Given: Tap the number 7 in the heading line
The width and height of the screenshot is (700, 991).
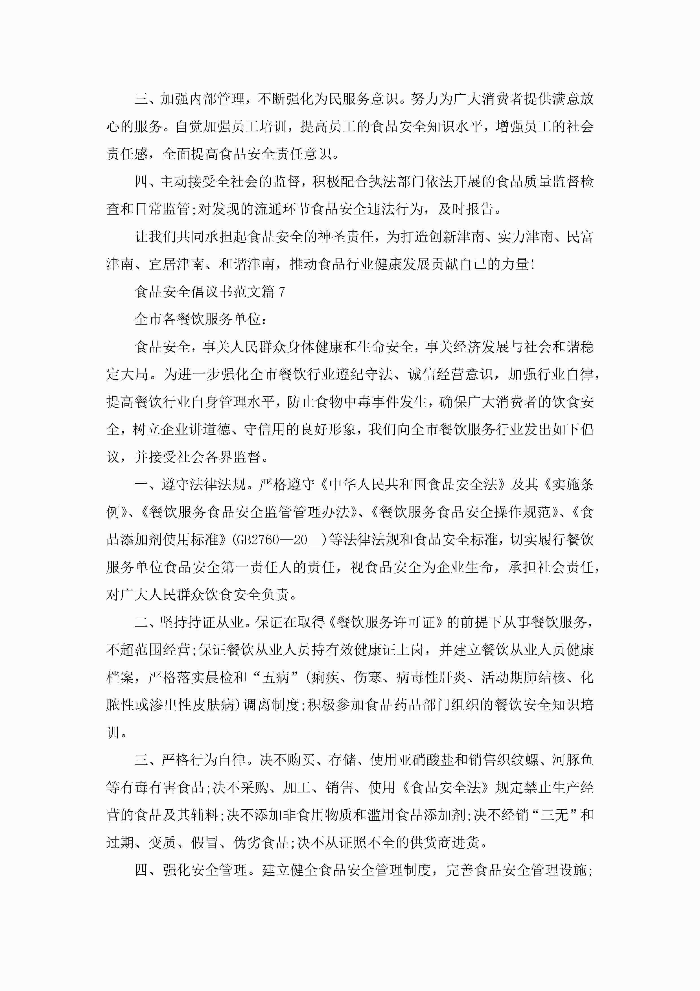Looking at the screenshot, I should pyautogui.click(x=282, y=292).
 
